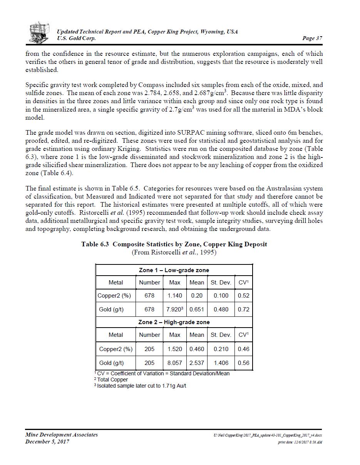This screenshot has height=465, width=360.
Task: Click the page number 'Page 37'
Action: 312,38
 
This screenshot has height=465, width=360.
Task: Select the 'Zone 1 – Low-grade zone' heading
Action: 174,270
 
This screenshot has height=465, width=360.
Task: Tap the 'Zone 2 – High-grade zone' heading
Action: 174,322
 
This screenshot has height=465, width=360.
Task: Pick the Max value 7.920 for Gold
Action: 174,309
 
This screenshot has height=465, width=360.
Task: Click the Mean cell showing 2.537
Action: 197,363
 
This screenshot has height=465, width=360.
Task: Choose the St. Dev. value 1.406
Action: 221,363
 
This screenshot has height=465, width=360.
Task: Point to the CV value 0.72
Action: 243,309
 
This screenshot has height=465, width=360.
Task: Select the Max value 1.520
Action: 174,349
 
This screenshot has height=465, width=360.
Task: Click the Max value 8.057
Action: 174,363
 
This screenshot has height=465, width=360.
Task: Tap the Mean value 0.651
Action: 197,309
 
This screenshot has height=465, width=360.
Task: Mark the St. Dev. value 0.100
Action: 221,296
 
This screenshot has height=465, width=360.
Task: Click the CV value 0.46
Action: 243,349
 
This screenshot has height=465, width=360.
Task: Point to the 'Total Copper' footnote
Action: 112,380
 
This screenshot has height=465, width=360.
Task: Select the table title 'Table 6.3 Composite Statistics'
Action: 174,244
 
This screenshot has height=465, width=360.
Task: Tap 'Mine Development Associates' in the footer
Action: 62,435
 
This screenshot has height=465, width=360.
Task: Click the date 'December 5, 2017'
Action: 47,442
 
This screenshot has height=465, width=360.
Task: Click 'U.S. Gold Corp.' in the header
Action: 76,38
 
